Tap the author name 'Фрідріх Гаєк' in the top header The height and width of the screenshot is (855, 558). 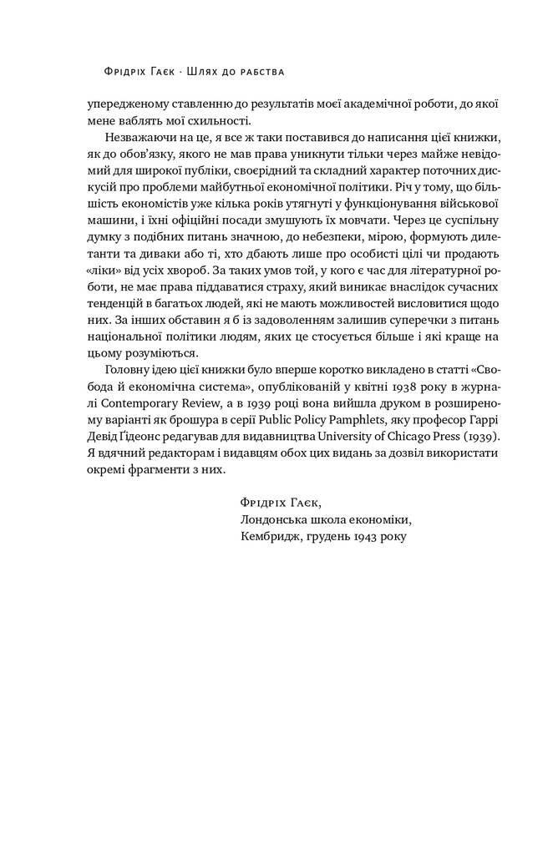[x=137, y=72]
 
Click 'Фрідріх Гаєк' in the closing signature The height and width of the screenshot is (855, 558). [x=279, y=502]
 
